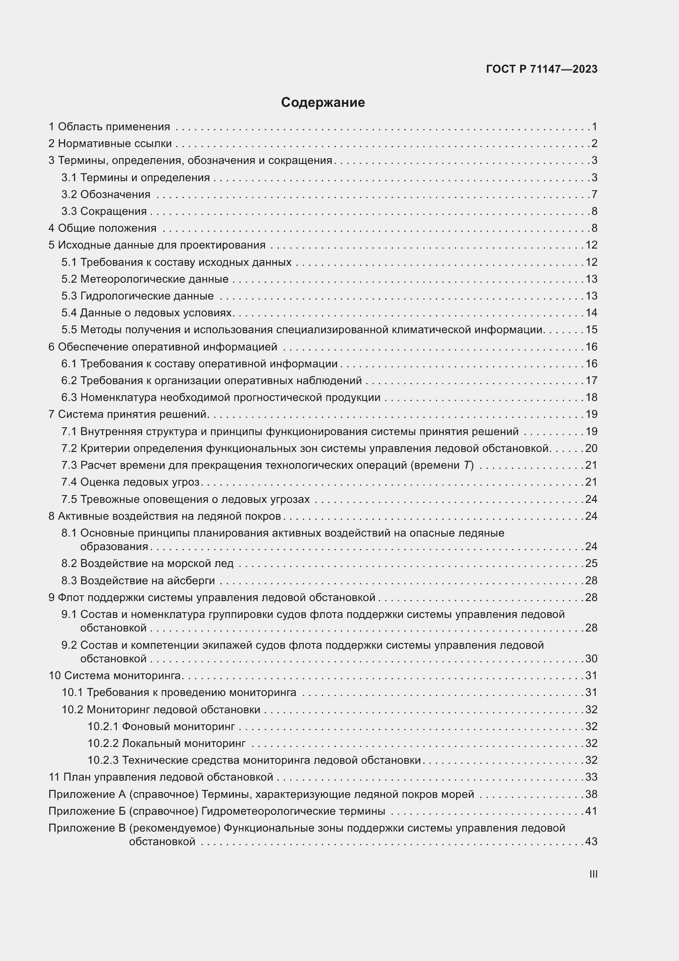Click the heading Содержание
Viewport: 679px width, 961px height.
pyautogui.click(x=323, y=103)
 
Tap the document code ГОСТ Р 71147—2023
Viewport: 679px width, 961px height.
pyautogui.click(x=542, y=69)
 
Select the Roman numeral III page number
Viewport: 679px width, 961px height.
pyautogui.click(x=593, y=874)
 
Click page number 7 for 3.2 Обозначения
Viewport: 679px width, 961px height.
pyautogui.click(x=594, y=194)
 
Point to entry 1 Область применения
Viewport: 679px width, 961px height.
pyautogui.click(x=109, y=127)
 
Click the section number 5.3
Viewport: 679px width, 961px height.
pyautogui.click(x=69, y=296)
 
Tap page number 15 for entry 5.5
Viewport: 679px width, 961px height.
pyautogui.click(x=591, y=330)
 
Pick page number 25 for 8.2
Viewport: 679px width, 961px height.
pyautogui.click(x=591, y=563)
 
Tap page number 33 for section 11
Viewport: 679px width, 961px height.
pyautogui.click(x=591, y=777)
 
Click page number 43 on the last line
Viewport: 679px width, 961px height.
pyautogui.click(x=591, y=842)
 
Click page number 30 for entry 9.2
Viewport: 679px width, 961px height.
pyautogui.click(x=591, y=659)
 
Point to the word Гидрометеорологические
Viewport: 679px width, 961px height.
pyautogui.click(x=268, y=811)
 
